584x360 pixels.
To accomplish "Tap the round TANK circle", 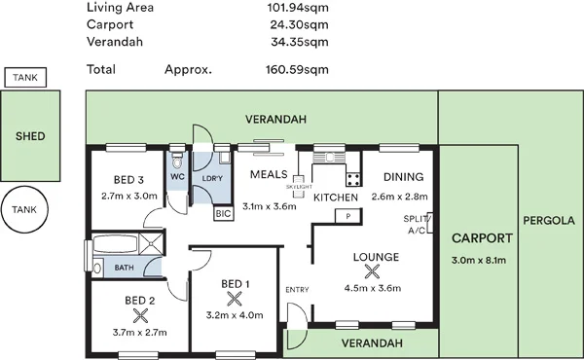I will pos(26,209).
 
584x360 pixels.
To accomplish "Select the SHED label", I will pos(30,136).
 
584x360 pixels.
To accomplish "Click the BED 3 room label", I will pos(128,180).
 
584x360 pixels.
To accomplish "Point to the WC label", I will pos(177,178).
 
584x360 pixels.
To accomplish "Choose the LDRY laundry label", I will pos(212,178).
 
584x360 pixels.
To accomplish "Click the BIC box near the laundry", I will pos(222,210).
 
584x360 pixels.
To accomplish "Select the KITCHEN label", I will pos(336,198).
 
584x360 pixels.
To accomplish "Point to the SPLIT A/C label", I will pos(416,226).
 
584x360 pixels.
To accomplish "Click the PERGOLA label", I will pos(548,221).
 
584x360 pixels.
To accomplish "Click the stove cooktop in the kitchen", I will pos(352,178).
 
